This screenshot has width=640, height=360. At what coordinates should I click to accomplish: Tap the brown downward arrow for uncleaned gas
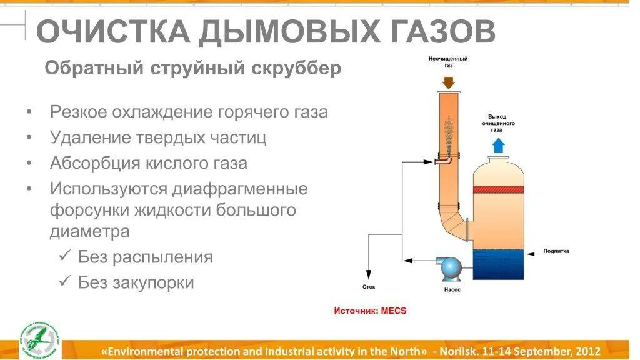tap(448, 82)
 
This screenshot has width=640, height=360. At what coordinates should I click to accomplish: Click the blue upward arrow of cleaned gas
tap(498, 145)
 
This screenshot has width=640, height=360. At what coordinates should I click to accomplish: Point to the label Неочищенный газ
tap(448, 61)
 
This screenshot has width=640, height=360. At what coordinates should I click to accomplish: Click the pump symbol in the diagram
tap(451, 267)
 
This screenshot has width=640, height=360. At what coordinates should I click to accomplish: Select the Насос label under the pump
tap(452, 290)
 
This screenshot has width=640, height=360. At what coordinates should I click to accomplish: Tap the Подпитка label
tap(556, 251)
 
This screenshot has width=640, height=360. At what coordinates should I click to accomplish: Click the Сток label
tap(369, 287)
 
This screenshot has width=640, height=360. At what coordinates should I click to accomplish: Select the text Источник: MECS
tap(370, 311)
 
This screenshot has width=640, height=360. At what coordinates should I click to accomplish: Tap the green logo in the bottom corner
tap(39, 341)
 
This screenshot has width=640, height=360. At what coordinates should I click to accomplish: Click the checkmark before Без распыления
tap(64, 256)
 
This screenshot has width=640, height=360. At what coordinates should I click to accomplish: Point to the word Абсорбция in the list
tap(87, 163)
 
